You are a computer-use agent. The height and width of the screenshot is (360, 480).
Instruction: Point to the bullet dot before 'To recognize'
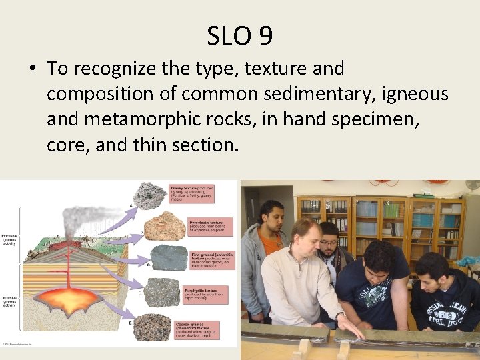32,69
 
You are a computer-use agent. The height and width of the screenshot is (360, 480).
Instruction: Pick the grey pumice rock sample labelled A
151,195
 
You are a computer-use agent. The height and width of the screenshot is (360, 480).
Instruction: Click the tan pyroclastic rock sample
164,226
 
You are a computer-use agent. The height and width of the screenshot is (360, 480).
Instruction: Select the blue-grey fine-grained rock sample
169,258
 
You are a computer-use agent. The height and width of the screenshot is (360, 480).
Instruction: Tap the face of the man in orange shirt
270,214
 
